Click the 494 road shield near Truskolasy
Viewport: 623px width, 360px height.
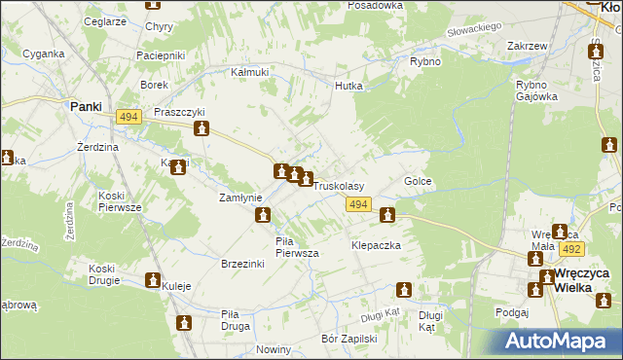[358, 203]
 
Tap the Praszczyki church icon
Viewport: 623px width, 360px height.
[202, 129]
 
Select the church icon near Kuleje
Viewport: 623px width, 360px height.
[153, 281]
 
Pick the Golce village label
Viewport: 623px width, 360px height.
[418, 182]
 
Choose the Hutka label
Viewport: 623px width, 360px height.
[348, 86]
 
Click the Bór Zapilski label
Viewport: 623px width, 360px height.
[348, 339]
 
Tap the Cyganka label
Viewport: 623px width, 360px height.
[44, 54]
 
